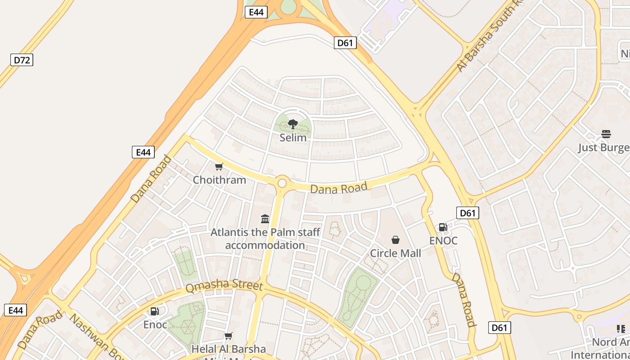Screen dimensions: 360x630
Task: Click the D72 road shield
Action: pyautogui.click(x=22, y=60)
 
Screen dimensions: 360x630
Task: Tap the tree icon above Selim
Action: pyautogui.click(x=293, y=124)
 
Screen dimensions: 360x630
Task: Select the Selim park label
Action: pyautogui.click(x=293, y=138)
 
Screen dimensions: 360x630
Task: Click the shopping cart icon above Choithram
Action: pyautogui.click(x=219, y=167)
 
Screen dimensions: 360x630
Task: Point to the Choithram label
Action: pyautogui.click(x=219, y=180)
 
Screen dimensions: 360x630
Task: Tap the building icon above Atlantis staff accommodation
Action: pyautogui.click(x=265, y=219)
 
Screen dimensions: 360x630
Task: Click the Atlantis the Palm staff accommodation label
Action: pyautogui.click(x=265, y=239)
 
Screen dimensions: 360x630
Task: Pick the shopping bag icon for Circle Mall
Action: pyautogui.click(x=396, y=240)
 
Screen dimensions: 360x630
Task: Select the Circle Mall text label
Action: pyautogui.click(x=396, y=253)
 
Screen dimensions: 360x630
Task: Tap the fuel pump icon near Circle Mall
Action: pyautogui.click(x=443, y=227)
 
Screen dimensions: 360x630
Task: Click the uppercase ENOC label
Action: pyautogui.click(x=443, y=241)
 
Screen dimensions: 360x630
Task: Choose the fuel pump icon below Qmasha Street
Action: pyautogui.click(x=154, y=311)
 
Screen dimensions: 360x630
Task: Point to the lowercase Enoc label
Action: pyautogui.click(x=155, y=324)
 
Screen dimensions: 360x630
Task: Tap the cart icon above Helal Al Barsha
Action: pyautogui.click(x=229, y=336)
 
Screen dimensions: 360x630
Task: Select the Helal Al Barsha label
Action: pyautogui.click(x=229, y=349)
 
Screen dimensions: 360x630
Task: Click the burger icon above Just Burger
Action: pyautogui.click(x=606, y=134)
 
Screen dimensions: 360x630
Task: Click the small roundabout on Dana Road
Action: pyautogui.click(x=282, y=183)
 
